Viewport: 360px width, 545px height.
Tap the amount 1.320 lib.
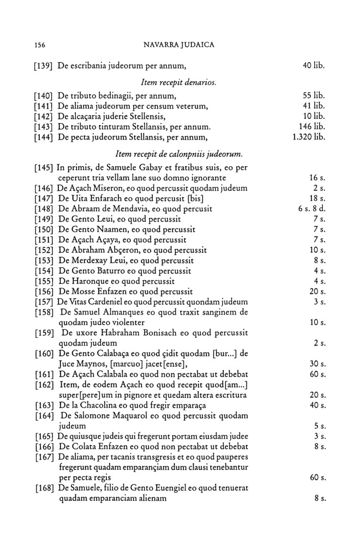309,136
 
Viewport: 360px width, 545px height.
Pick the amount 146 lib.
313,126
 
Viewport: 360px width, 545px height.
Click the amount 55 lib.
314,96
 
